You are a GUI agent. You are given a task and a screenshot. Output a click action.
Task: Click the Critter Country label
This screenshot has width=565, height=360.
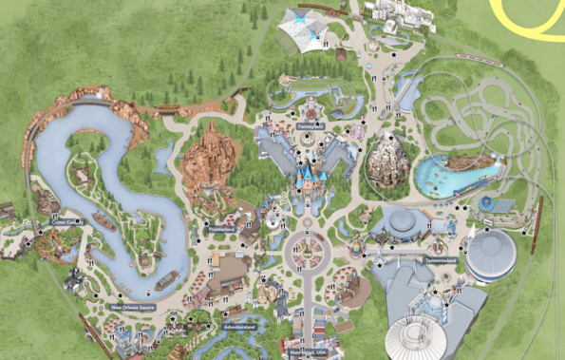(67, 222)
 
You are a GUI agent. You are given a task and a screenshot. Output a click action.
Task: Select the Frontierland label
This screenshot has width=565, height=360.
(220, 231)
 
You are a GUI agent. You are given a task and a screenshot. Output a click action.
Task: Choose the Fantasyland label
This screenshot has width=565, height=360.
(310, 125)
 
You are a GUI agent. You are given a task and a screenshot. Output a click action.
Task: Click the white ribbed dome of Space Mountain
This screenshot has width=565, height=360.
(424, 338)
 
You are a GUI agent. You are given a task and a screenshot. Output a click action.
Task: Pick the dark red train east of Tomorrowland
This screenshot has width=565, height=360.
(536, 224)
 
